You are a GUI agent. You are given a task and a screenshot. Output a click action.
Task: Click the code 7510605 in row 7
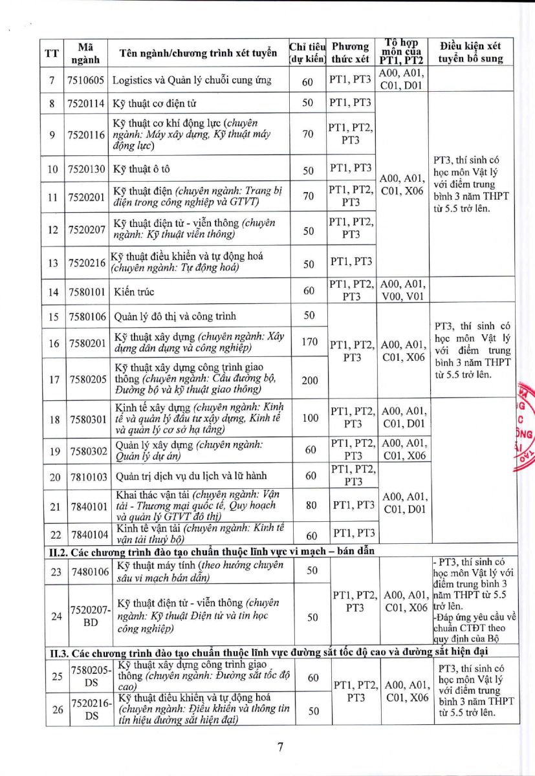pyautogui.click(x=87, y=81)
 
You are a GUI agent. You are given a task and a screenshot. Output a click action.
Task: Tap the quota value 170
pyautogui.click(x=309, y=341)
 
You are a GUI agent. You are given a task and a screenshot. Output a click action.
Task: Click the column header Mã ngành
pyautogui.click(x=85, y=53)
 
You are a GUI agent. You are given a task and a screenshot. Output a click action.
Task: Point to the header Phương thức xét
pyautogui.click(x=350, y=53)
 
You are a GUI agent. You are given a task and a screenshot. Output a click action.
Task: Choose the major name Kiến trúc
pyautogui.click(x=134, y=292)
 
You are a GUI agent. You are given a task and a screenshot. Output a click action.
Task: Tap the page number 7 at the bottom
pyautogui.click(x=280, y=748)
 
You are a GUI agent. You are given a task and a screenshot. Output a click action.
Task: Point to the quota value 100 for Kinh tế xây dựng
pyautogui.click(x=310, y=418)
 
